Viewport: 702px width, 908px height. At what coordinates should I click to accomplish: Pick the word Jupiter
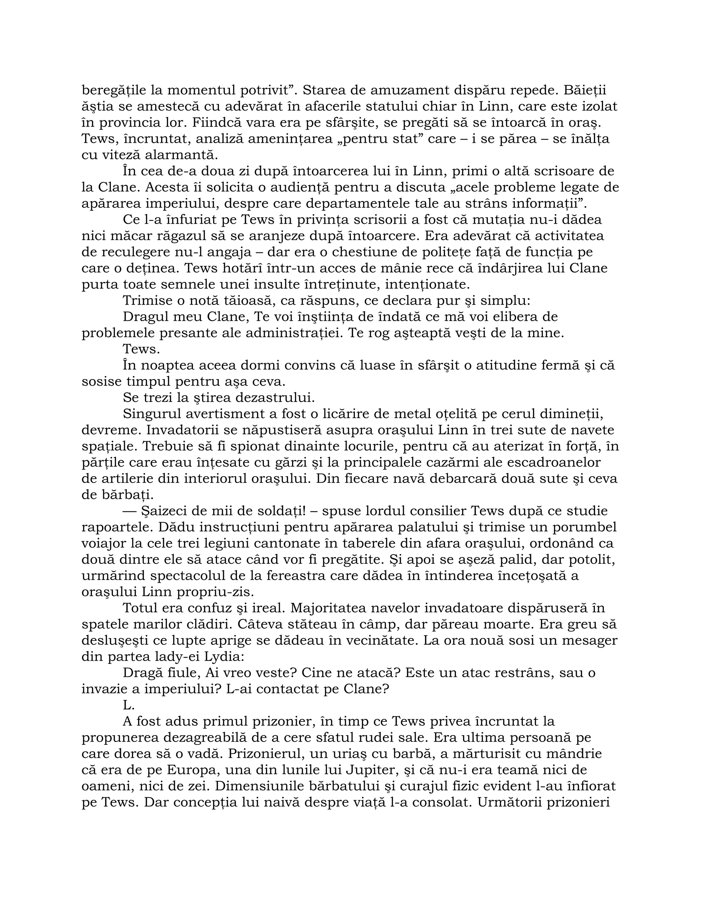(370, 770)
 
